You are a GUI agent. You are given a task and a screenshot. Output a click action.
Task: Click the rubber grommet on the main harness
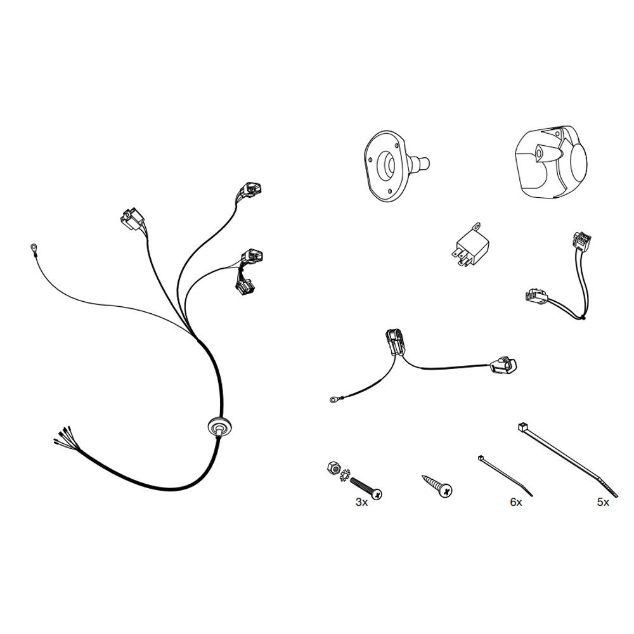point(221,426)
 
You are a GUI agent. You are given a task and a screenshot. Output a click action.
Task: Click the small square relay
point(470,247)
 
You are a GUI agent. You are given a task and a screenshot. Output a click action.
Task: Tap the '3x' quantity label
point(361,503)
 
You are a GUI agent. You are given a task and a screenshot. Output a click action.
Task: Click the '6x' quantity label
point(516,503)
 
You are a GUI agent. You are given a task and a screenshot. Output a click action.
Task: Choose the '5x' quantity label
point(603,503)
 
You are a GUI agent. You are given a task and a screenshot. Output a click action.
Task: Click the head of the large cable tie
point(522,427)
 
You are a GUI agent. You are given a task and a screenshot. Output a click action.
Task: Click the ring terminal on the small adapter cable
point(334,400)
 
